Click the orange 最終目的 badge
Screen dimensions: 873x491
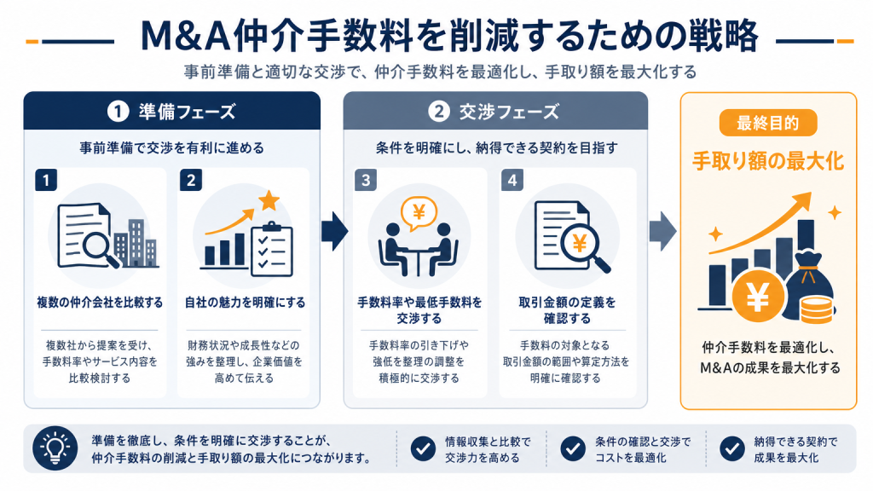(x=768, y=123)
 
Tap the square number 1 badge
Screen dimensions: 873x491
(x=46, y=181)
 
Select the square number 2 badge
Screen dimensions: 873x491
(x=191, y=181)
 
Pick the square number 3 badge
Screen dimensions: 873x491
(x=366, y=181)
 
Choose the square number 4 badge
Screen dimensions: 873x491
(x=512, y=181)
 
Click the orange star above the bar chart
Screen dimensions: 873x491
(x=269, y=200)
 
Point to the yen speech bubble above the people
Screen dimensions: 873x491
(x=419, y=214)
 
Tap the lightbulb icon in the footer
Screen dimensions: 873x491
(x=55, y=448)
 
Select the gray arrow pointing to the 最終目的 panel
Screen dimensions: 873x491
(x=662, y=231)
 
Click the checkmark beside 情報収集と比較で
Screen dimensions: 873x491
(x=423, y=448)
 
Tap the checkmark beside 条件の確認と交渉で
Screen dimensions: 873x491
(x=573, y=448)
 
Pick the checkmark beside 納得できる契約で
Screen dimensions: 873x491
(x=732, y=448)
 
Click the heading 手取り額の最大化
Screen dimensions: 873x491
(x=768, y=161)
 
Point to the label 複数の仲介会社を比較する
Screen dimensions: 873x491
(x=101, y=303)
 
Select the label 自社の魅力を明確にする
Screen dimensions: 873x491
(x=245, y=303)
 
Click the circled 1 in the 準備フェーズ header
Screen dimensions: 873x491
(x=118, y=112)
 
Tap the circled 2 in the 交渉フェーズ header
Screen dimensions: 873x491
(x=439, y=112)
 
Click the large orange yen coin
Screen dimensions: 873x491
(x=758, y=297)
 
